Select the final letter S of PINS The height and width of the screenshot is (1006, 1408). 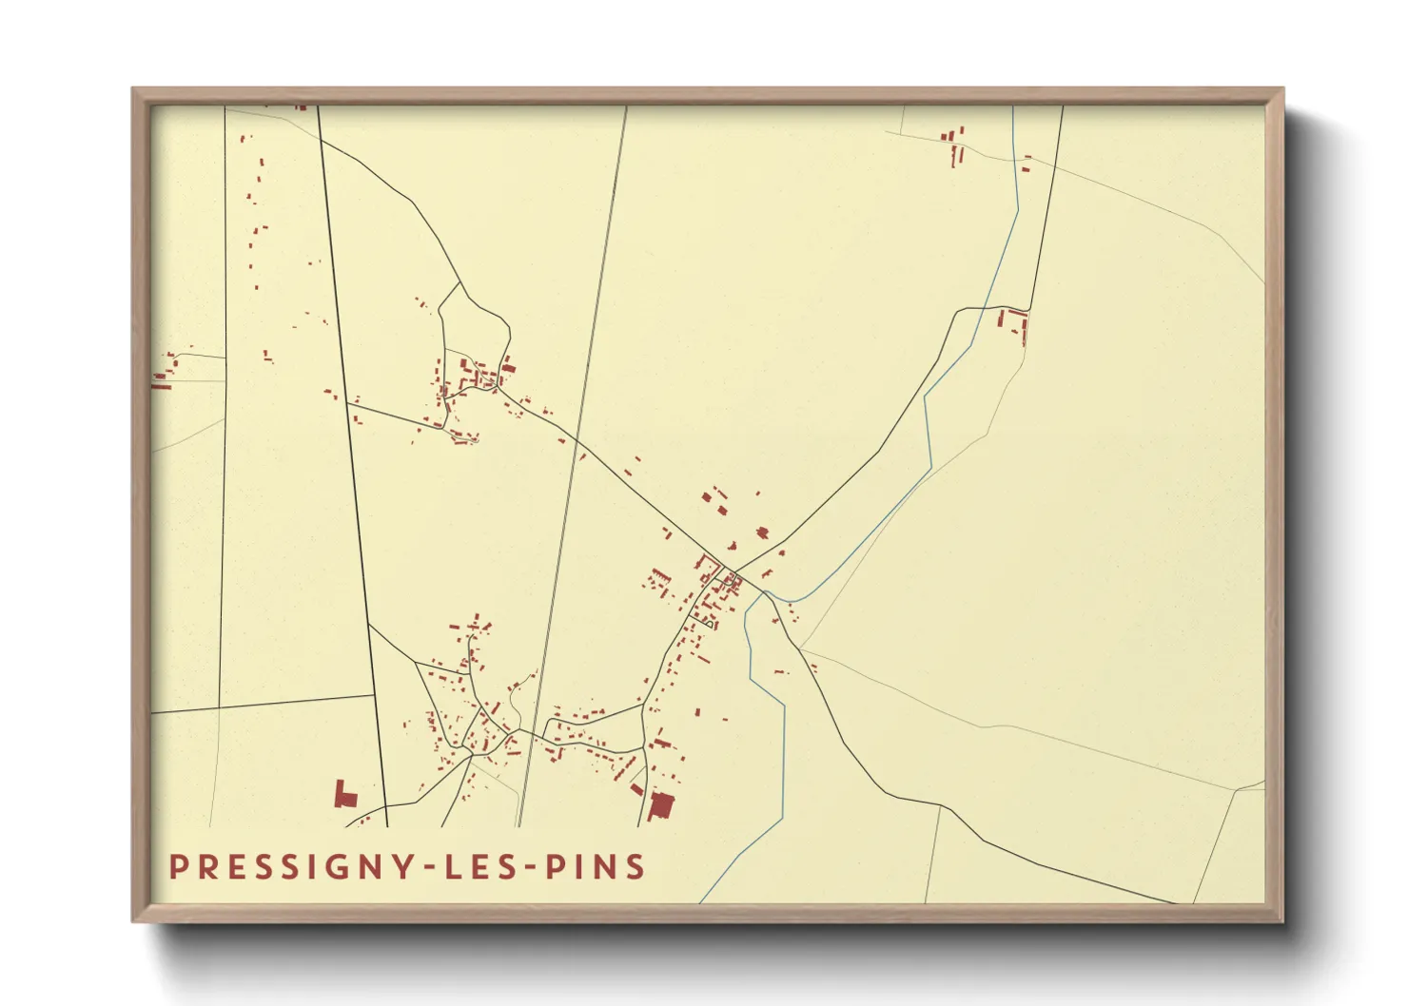point(636,867)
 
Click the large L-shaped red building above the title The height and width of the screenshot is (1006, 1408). point(343,795)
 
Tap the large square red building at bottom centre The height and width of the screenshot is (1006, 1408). point(660,806)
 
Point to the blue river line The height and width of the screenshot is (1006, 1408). point(783,761)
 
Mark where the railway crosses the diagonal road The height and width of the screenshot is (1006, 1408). point(578,443)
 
